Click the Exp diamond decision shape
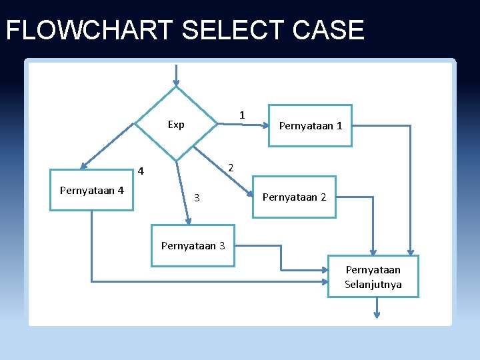click(x=177, y=124)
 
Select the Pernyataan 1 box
click(x=310, y=125)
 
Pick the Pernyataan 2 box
click(x=294, y=197)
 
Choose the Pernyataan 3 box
click(x=193, y=245)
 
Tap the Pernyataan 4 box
click(x=92, y=191)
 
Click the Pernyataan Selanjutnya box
click(x=373, y=277)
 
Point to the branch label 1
click(x=242, y=115)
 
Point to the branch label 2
click(x=230, y=167)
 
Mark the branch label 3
click(x=197, y=197)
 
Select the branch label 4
click(x=141, y=172)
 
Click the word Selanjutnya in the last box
click(x=373, y=285)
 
